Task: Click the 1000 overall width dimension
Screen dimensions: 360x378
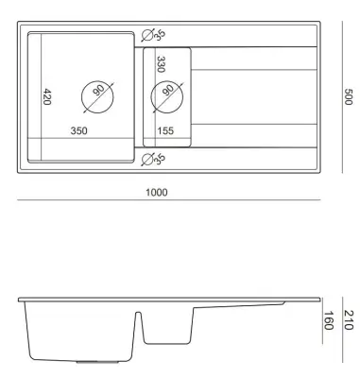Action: click(157, 192)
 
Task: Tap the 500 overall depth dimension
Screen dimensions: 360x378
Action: click(348, 96)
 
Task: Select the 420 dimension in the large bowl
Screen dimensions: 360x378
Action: click(46, 96)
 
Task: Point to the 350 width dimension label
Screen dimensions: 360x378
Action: click(78, 130)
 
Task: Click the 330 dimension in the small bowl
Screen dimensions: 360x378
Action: click(161, 64)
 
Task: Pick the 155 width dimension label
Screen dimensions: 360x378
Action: click(165, 130)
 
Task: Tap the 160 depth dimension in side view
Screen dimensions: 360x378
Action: click(329, 320)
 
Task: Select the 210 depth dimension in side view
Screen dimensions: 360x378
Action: click(348, 320)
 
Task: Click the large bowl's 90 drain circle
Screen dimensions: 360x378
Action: click(97, 81)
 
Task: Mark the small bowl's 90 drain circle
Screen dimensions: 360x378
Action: click(167, 81)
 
